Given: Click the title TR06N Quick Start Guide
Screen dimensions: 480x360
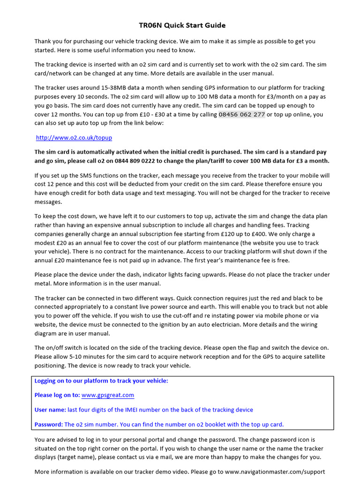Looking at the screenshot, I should [x=182, y=25].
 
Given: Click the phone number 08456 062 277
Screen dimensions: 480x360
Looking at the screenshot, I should [x=241, y=114].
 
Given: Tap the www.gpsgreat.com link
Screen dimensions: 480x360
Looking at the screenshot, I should [x=108, y=395].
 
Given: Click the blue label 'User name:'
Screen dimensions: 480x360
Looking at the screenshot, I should [x=50, y=410].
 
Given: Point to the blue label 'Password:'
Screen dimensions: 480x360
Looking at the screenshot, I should [x=49, y=424].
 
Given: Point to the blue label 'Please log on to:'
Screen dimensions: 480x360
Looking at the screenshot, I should [x=57, y=395].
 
